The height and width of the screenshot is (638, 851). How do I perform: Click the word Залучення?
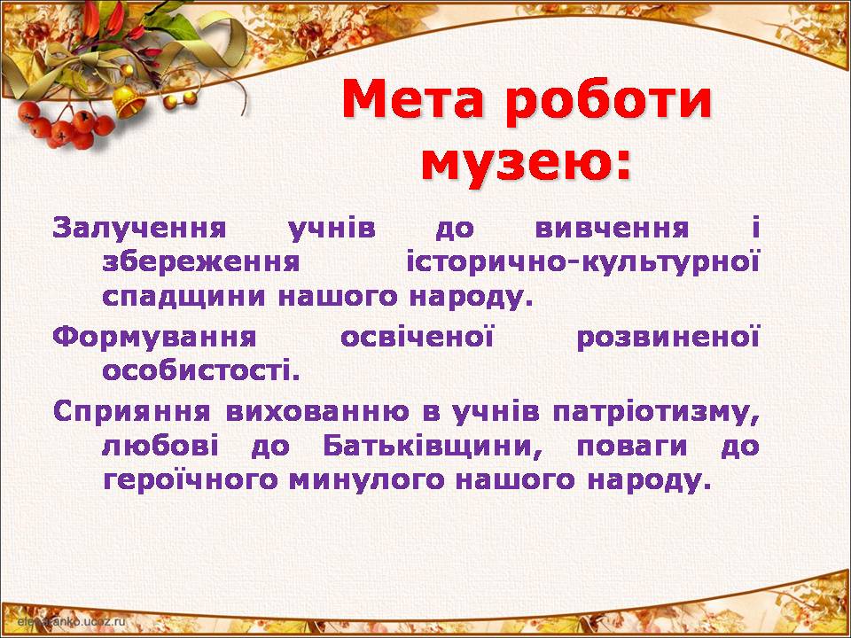point(139,229)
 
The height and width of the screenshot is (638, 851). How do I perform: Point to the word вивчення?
point(612,229)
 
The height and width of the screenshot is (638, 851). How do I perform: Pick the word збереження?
point(201,262)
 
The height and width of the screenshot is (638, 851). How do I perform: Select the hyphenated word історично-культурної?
point(583,262)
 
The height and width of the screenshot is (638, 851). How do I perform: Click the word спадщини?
point(183,298)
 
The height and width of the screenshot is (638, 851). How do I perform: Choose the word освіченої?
point(418,337)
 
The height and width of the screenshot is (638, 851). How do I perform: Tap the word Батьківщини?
point(433,447)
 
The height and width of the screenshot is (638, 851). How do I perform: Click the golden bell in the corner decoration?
point(128,101)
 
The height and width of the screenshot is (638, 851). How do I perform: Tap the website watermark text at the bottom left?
point(71,621)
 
